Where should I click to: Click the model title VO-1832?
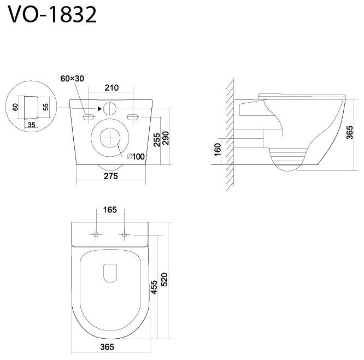(x=52, y=14)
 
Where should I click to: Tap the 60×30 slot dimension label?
(x=72, y=79)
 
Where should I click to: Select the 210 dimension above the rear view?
(x=111, y=88)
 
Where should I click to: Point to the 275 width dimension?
(x=111, y=176)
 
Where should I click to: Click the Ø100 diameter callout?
(x=136, y=157)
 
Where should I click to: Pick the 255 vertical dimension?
(x=157, y=140)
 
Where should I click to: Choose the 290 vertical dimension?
(x=166, y=138)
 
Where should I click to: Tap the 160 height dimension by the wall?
(x=218, y=150)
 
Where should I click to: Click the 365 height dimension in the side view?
(x=350, y=132)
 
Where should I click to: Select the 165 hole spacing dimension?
(x=110, y=210)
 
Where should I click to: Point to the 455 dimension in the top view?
(x=154, y=287)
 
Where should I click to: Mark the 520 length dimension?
(x=164, y=280)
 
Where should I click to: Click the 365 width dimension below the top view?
(x=107, y=347)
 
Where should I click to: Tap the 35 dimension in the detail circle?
(x=31, y=125)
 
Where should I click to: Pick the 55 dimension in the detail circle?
(x=46, y=107)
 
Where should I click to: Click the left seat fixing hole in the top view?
(x=96, y=235)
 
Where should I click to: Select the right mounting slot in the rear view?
(x=133, y=117)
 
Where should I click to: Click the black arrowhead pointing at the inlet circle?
(x=99, y=109)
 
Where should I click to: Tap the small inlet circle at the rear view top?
(x=109, y=109)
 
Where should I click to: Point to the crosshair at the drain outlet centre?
(x=110, y=138)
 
